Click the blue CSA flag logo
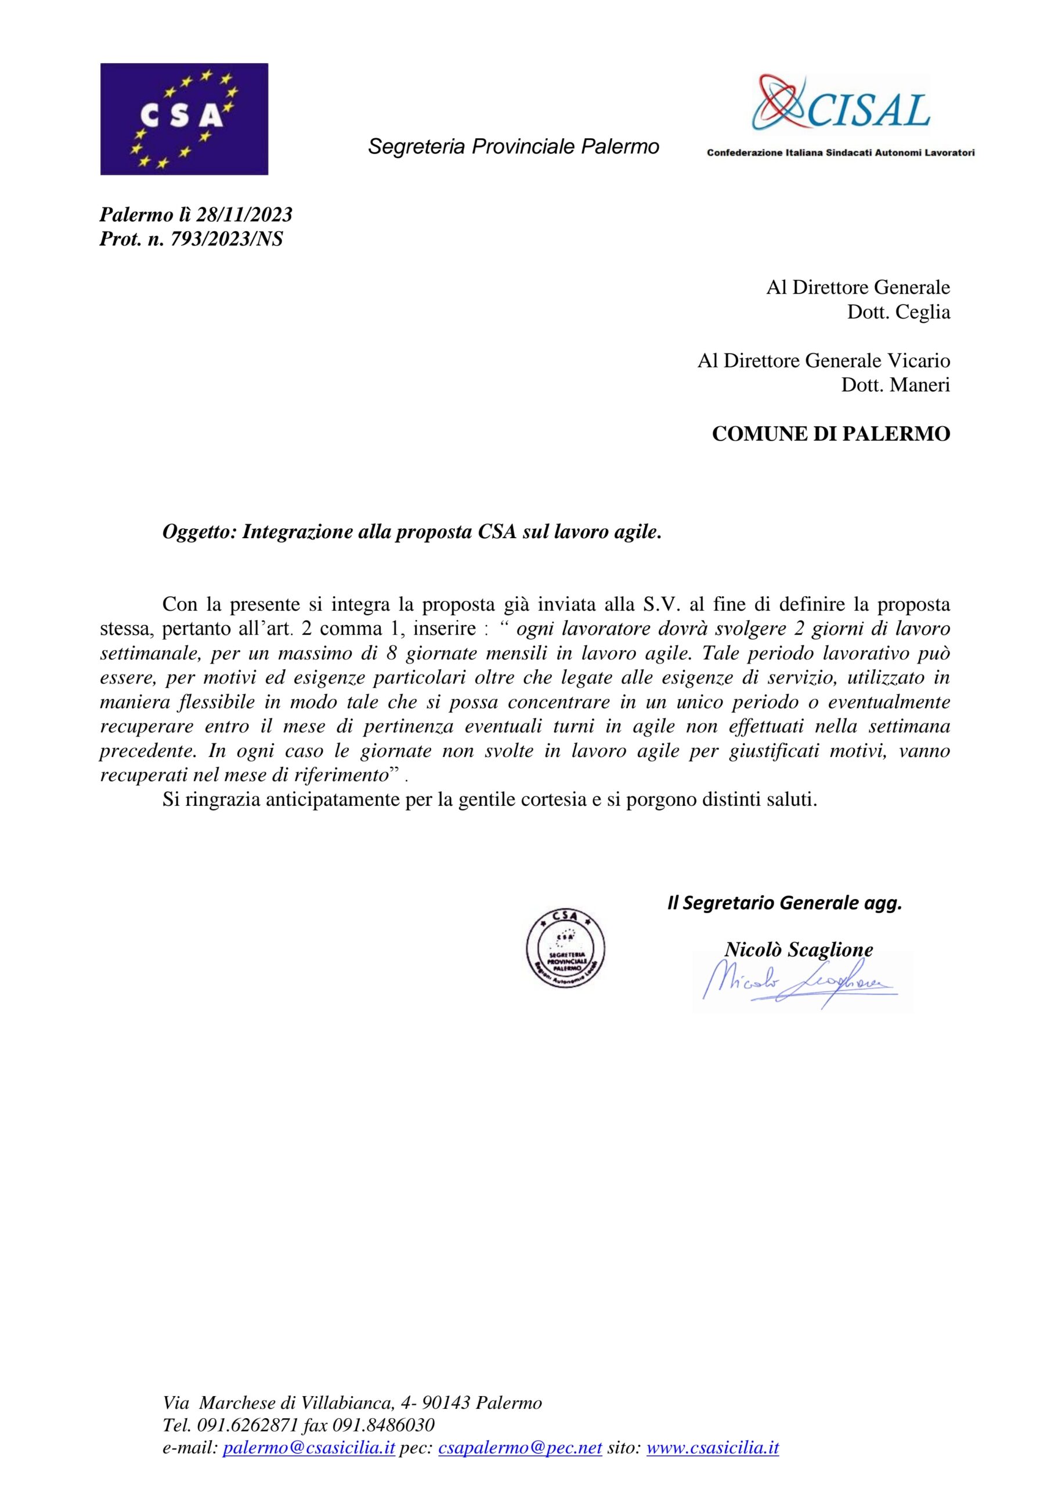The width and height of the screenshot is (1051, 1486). click(x=184, y=118)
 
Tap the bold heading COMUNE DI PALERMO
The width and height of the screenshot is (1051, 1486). click(x=830, y=434)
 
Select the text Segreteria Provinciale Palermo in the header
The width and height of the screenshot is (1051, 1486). click(x=513, y=147)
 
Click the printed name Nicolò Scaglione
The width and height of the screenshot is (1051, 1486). click(x=798, y=950)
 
